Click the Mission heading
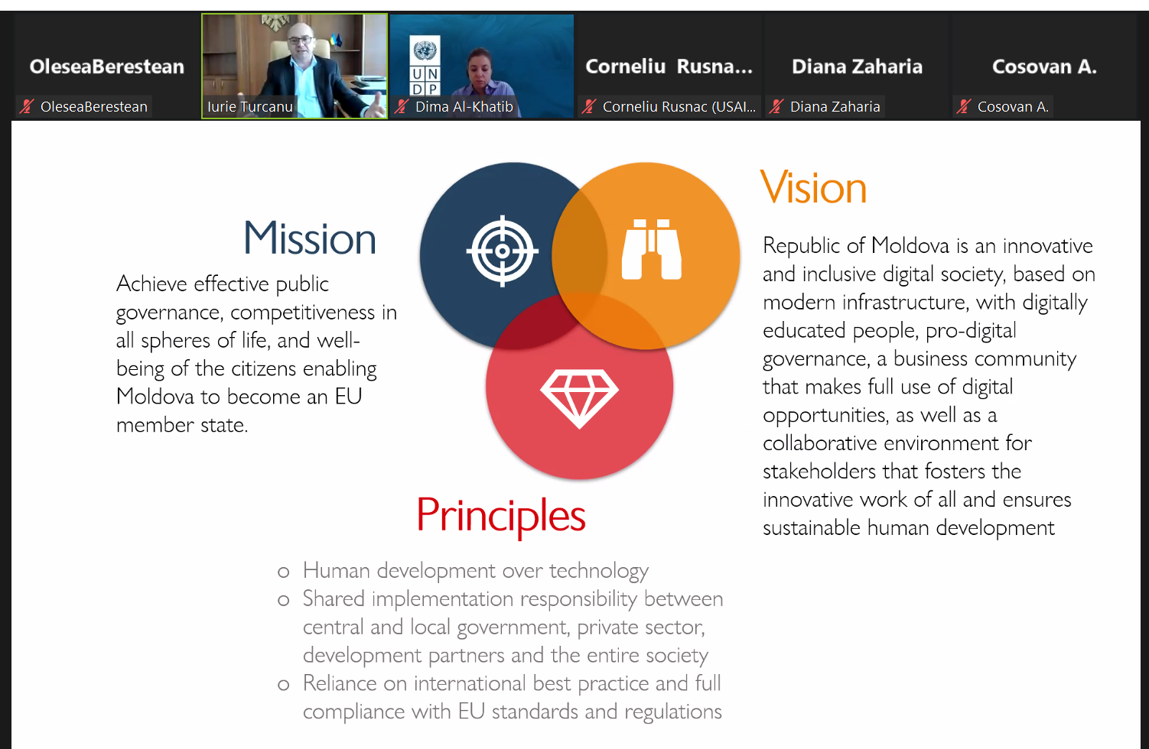[x=310, y=238]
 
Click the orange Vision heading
[x=813, y=187]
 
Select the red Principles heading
[x=500, y=515]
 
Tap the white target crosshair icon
[x=502, y=251]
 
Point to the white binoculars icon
[x=652, y=249]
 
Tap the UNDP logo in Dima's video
[x=425, y=65]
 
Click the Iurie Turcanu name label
[x=250, y=106]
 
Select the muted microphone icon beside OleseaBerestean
[x=27, y=106]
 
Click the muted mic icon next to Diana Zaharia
[x=776, y=106]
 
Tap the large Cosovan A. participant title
[x=1044, y=66]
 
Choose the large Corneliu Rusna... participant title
[x=669, y=66]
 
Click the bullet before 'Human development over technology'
[x=284, y=572]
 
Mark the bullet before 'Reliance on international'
[x=284, y=685]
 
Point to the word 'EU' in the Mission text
[x=348, y=397]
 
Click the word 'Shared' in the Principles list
[x=334, y=599]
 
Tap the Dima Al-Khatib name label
[x=464, y=106]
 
